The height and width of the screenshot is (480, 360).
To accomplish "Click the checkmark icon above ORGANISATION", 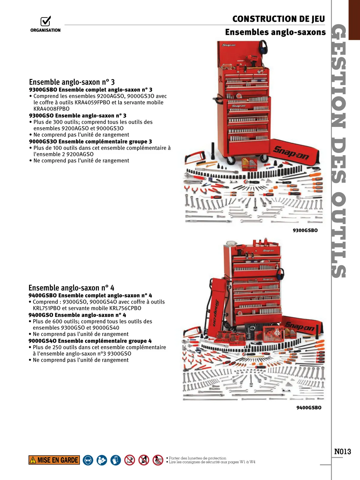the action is click(x=46, y=21).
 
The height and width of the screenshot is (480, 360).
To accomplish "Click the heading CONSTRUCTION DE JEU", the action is click(x=278, y=19).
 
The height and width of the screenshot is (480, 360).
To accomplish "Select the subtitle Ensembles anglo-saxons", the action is click(x=275, y=32).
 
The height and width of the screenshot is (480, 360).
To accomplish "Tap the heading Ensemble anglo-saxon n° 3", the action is click(x=72, y=82).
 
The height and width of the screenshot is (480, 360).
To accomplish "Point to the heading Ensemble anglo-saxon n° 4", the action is click(x=71, y=288).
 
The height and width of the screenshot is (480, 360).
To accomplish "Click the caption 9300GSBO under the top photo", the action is click(x=305, y=230).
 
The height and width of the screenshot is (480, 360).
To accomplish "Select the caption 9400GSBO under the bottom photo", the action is click(x=309, y=408).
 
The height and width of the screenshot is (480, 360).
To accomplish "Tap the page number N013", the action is click(x=343, y=451).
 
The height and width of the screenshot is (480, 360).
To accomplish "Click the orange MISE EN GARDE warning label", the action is click(x=54, y=460).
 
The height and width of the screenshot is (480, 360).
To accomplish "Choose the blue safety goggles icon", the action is click(x=88, y=460).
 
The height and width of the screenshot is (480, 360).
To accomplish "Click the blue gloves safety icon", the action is click(x=115, y=460).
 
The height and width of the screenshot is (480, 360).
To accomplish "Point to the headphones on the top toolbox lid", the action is click(x=263, y=47).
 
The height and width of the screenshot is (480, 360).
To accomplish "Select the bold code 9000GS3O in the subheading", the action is click(x=43, y=142).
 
